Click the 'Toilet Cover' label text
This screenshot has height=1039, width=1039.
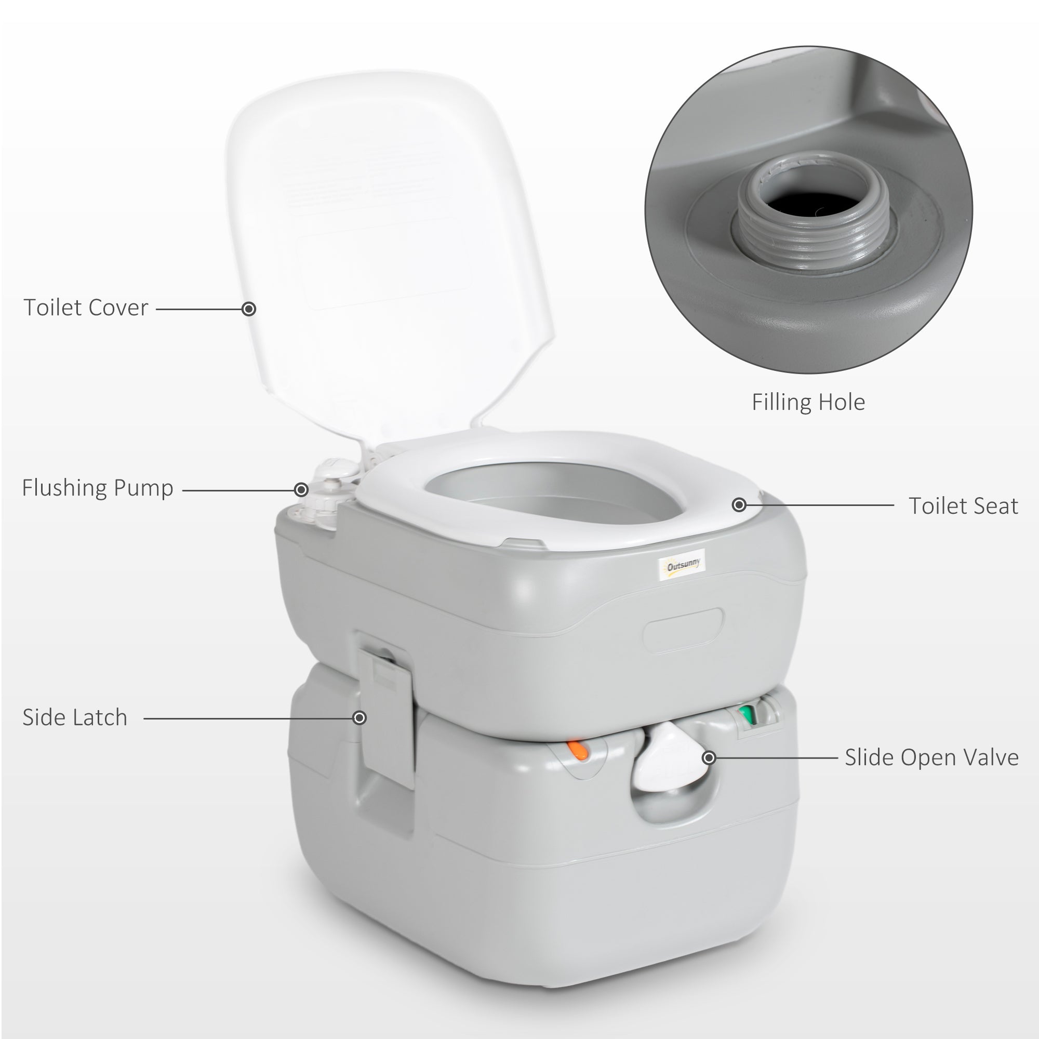pyautogui.click(x=86, y=308)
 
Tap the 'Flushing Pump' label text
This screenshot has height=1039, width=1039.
pyautogui.click(x=97, y=488)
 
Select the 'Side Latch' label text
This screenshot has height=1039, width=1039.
pyautogui.click(x=75, y=717)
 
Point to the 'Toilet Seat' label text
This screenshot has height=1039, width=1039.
pyautogui.click(x=963, y=506)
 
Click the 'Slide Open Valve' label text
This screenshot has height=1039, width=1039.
pyautogui.click(x=931, y=757)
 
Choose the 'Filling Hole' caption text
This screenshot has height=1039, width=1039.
pyautogui.click(x=808, y=402)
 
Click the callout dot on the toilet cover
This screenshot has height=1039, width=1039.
pyautogui.click(x=248, y=309)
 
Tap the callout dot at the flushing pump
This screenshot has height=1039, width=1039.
pyautogui.click(x=301, y=489)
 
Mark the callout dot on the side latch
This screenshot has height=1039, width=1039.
pyautogui.click(x=360, y=718)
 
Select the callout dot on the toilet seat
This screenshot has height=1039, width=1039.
pyautogui.click(x=739, y=504)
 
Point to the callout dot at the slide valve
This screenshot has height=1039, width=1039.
pyautogui.click(x=709, y=758)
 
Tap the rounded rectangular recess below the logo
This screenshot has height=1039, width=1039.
pyautogui.click(x=683, y=630)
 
